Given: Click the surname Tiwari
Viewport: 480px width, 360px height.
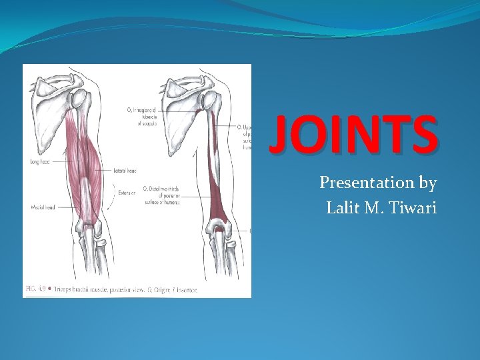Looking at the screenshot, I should [x=415, y=208].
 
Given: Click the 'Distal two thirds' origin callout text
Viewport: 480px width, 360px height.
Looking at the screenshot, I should [x=161, y=193].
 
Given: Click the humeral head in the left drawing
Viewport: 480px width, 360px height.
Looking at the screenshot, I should [x=79, y=100].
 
